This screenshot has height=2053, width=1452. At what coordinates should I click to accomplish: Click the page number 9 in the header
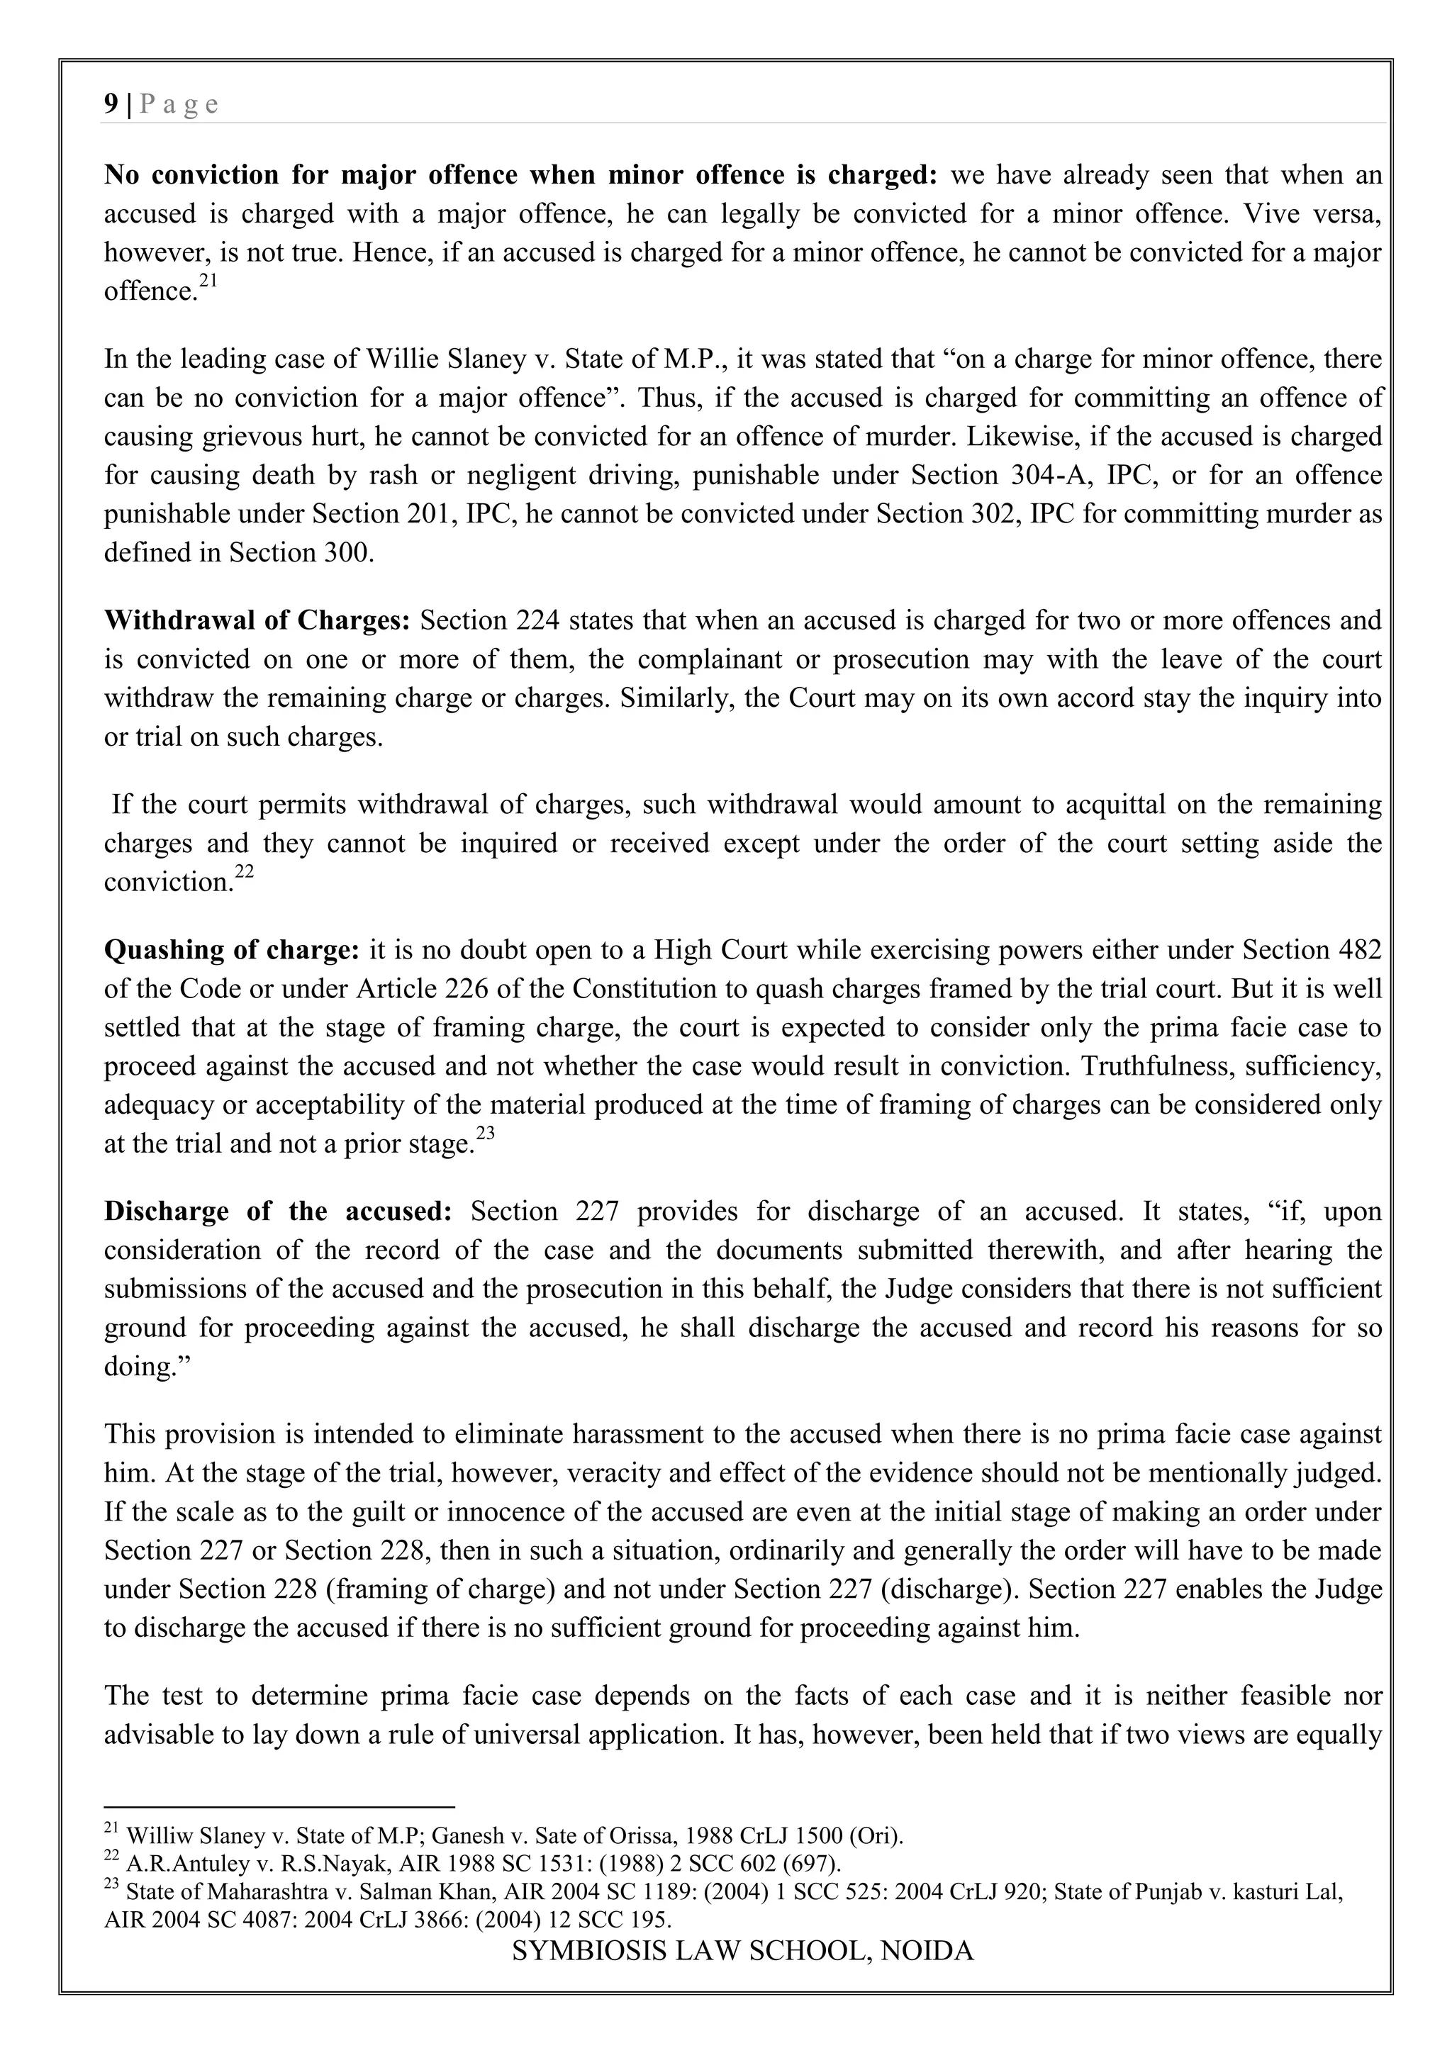pos(111,105)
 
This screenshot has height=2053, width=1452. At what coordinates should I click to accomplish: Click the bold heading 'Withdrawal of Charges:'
pos(257,620)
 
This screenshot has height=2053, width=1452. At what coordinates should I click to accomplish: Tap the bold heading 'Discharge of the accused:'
pos(278,1212)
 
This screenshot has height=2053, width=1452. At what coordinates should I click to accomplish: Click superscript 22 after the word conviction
pos(245,873)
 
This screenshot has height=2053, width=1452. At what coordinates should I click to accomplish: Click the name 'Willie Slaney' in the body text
pos(445,359)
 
